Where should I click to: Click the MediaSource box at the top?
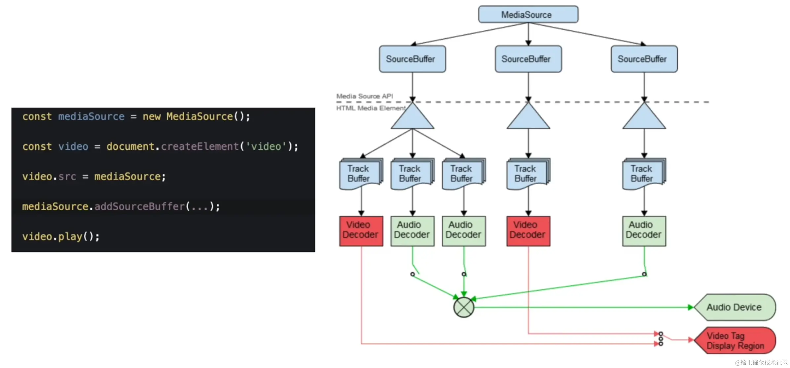(528, 14)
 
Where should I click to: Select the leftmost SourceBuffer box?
(412, 59)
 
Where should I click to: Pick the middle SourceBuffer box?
(528, 59)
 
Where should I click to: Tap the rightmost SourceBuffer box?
(644, 59)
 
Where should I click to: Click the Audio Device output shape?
(735, 307)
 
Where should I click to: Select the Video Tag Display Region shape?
(735, 340)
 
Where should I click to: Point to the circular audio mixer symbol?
(464, 307)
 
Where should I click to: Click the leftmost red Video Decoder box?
(361, 231)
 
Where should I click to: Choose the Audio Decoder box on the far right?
(644, 231)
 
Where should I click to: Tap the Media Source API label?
(365, 96)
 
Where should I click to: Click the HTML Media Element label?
(371, 108)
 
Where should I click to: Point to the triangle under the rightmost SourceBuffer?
(644, 115)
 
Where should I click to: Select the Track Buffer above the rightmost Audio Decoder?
(644, 174)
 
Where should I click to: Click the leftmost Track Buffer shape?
(361, 174)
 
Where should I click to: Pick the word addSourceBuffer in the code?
(140, 206)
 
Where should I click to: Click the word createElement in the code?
(200, 146)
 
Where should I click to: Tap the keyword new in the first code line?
(152, 117)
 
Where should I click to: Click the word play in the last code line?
(70, 237)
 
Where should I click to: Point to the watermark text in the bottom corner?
(761, 362)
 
